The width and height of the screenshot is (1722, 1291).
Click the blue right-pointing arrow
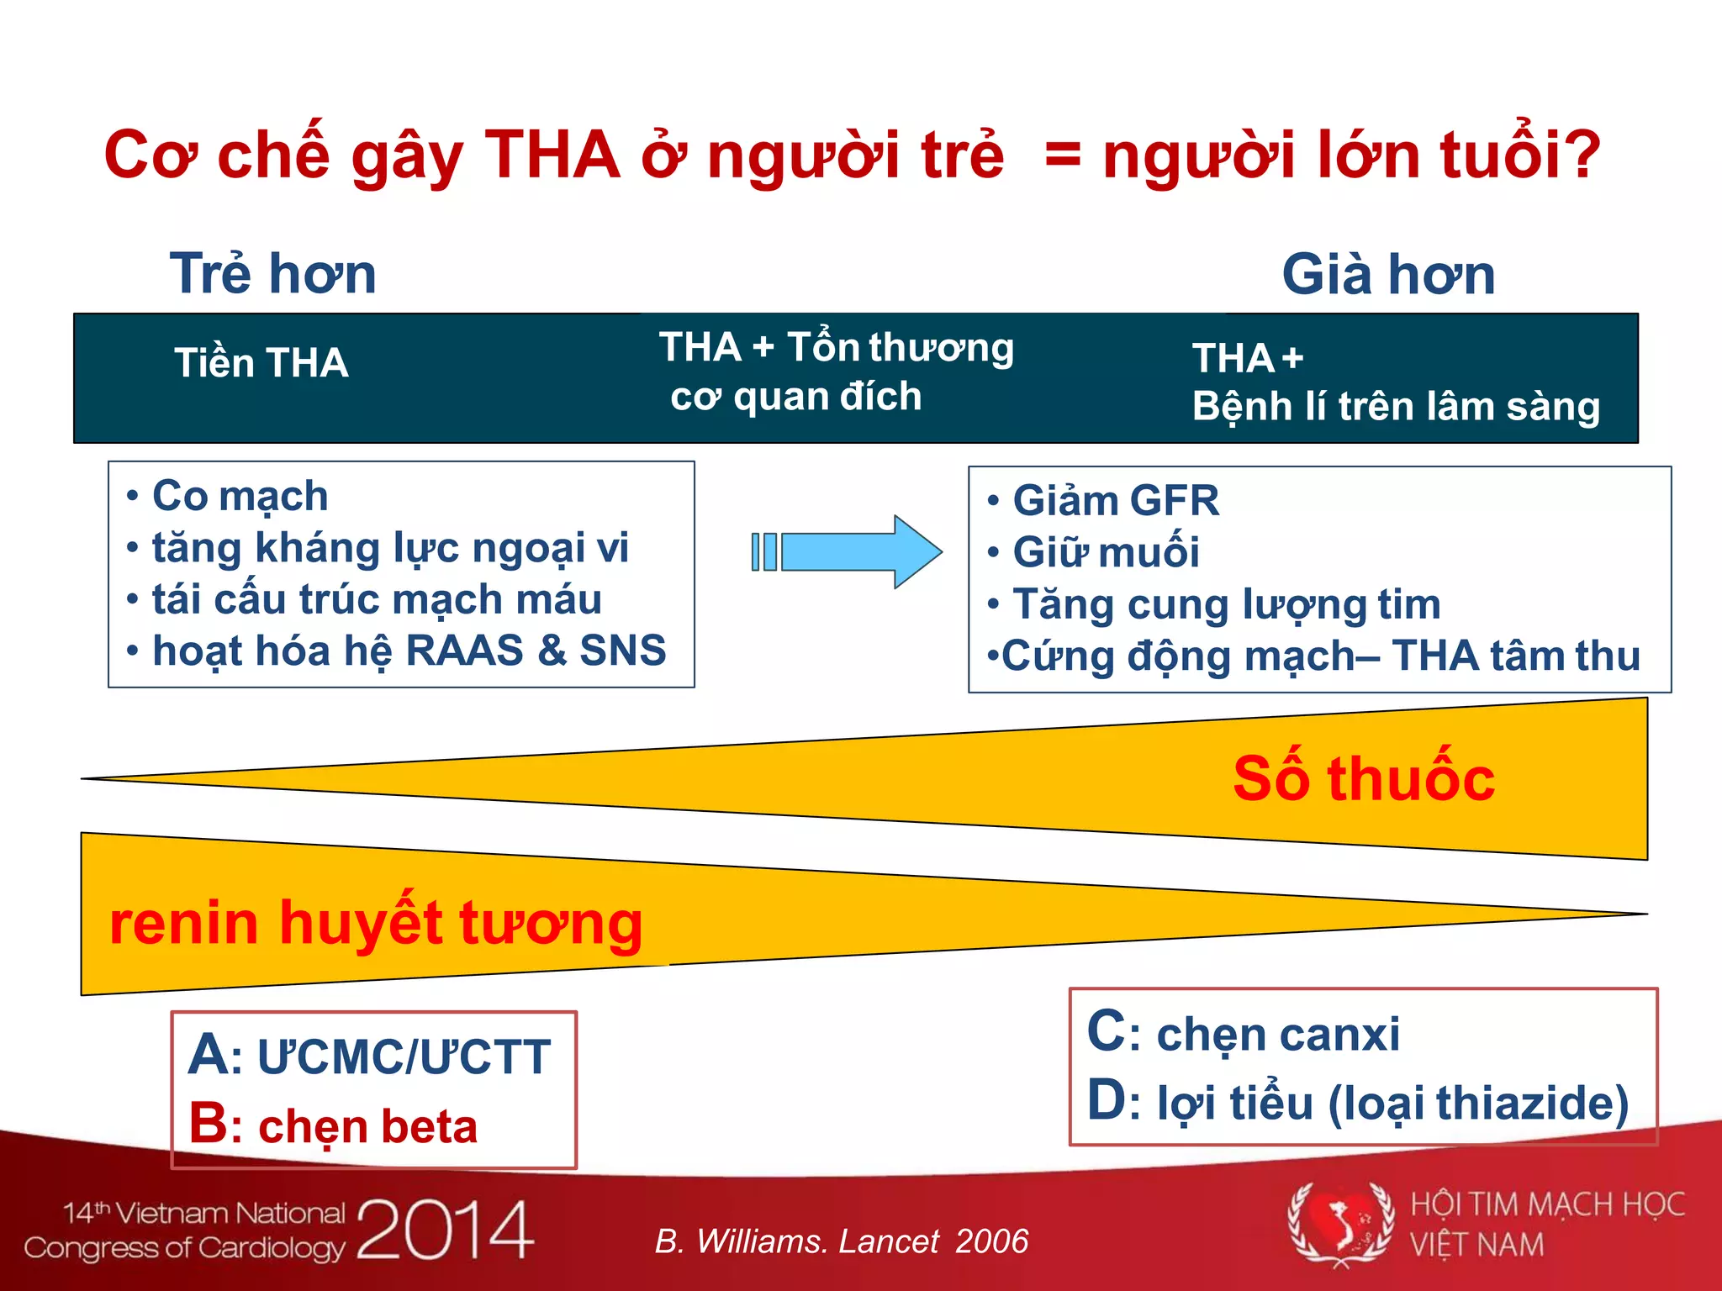pos(848,551)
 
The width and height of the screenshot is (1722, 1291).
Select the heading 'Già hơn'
pos(1389,274)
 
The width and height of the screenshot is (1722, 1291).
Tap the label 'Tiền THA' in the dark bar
pos(261,363)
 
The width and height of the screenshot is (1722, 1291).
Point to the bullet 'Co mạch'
pos(227,496)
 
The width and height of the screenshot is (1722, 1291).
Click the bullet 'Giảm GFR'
pos(1103,501)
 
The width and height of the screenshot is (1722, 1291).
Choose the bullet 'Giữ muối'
pos(1093,552)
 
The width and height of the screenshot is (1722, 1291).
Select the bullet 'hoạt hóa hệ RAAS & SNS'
pos(396,651)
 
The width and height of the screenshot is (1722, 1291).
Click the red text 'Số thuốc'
pos(1364,778)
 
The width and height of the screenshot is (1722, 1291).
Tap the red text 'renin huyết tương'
pos(376,923)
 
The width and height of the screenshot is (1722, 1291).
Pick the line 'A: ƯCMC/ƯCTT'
pos(370,1057)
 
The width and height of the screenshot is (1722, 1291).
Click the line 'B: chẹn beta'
pos(333,1125)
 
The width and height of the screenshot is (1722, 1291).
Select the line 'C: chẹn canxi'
pos(1244,1033)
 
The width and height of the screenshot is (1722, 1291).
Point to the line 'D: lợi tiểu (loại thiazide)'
pos(1358,1102)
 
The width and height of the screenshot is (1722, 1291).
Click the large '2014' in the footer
pos(446,1230)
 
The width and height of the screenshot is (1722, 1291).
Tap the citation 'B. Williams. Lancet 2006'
pos(842,1241)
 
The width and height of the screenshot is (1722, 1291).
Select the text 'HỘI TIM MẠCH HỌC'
pos(1548,1205)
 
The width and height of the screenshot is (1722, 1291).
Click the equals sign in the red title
pos(1063,155)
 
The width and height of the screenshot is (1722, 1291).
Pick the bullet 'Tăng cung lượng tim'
pos(1214,604)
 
